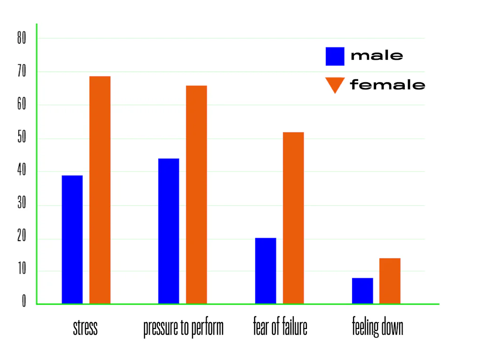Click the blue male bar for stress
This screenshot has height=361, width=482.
point(72,239)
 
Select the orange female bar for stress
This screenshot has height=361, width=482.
point(100,190)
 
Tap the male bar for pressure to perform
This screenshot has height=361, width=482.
point(169,231)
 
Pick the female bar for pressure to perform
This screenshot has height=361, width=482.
point(196,195)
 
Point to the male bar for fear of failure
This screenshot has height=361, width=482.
point(265,271)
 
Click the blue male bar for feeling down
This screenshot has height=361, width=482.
point(362,290)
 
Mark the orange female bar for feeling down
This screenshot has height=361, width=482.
point(390,281)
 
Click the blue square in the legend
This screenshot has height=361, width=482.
point(335,56)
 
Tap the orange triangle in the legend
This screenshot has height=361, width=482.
point(335,85)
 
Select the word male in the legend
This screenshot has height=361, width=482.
point(377,55)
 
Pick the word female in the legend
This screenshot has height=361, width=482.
point(387,85)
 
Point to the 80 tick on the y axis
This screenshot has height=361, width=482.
point(22,39)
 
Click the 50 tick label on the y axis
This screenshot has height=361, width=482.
point(22,139)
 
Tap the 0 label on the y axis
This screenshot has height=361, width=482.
point(24,301)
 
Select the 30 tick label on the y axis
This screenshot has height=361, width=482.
point(22,205)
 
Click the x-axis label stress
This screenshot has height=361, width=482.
point(85,327)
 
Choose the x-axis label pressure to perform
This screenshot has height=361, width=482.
point(183,328)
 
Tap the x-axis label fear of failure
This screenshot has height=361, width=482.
point(280,327)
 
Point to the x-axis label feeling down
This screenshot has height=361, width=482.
point(378,328)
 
